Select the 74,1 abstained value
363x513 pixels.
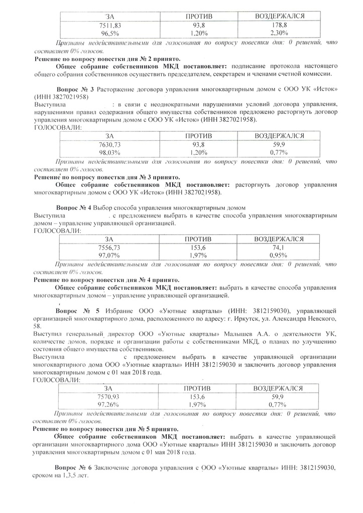click(x=280, y=247)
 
